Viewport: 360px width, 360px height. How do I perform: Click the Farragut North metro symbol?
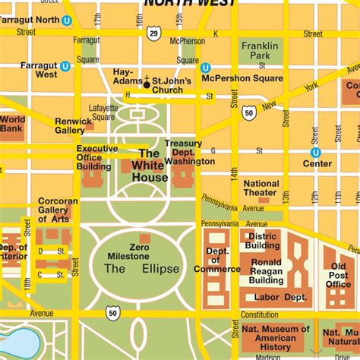coord(67,21)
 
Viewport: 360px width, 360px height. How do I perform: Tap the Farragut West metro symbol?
coord(65,66)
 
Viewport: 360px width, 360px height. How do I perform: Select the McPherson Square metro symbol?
coord(205,68)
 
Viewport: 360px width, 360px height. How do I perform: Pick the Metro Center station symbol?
coord(315,152)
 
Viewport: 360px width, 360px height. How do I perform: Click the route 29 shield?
coord(154,33)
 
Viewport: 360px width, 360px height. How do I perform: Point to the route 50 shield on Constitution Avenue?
coord(113,312)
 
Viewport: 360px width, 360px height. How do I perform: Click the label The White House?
coord(150,166)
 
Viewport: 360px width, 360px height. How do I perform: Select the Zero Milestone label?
coord(144,251)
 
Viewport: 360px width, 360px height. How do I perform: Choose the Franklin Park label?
coord(260,51)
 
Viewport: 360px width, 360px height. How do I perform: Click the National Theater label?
coord(261,188)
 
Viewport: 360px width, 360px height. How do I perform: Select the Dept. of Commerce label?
coord(217,260)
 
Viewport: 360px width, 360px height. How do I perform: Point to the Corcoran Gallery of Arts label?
coord(58,210)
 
